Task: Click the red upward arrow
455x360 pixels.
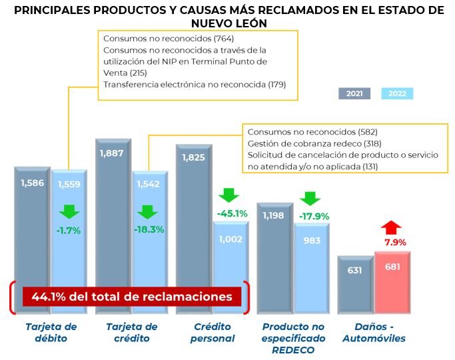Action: pos(392,227)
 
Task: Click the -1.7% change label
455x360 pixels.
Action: pos(69,231)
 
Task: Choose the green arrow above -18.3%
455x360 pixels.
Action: pos(149,212)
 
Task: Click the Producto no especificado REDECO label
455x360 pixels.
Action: pos(293,337)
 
